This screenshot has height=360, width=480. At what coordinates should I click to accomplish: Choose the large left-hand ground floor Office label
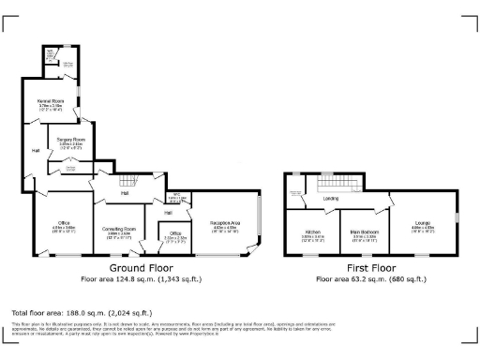pos(63,224)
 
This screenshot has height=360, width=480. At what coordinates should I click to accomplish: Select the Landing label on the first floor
pos(330,199)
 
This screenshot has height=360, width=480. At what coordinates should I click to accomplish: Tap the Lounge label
pos(423,223)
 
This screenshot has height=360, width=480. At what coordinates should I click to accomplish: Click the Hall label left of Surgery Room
pos(35,150)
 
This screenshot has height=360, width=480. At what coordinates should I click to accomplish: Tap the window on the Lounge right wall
pos(456,221)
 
